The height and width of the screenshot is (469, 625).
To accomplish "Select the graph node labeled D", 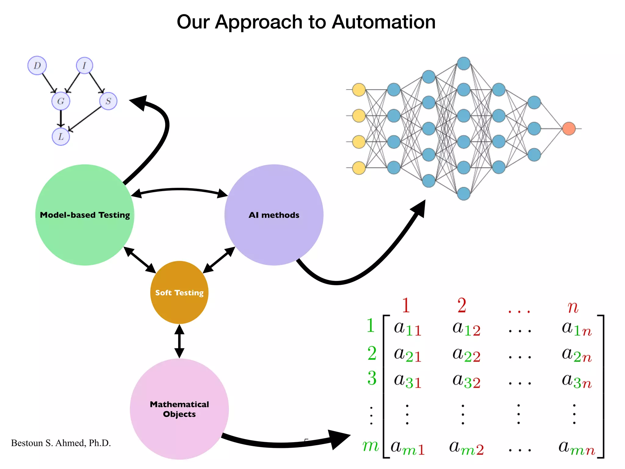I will tap(37, 65).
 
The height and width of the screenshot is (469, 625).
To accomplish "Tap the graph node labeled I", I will tap(85, 65).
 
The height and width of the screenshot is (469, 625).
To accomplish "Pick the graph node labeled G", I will tap(61, 101).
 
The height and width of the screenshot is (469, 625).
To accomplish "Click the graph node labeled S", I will tap(108, 101).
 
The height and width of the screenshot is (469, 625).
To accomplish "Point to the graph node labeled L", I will tap(61, 136).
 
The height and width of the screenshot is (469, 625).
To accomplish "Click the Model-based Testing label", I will tap(85, 215).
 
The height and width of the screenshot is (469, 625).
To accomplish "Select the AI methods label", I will tap(274, 215).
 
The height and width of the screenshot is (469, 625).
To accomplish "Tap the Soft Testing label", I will tap(179, 293).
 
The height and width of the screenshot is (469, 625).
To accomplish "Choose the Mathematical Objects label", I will tap(179, 409).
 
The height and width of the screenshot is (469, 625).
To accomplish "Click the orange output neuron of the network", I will tap(569, 129).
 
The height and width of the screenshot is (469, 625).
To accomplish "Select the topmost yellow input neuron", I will tap(359, 90).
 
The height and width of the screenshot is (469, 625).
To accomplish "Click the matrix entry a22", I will tap(466, 355).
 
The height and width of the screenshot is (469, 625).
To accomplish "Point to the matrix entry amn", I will tap(576, 448).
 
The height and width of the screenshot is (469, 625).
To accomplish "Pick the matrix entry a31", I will tap(407, 381).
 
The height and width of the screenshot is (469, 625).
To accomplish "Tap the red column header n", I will tap(573, 307).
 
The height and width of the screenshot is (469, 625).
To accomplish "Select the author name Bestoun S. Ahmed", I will tap(61, 443).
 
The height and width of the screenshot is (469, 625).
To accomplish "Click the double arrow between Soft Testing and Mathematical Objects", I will tap(179, 341).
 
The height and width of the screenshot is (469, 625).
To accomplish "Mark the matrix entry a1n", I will tap(576, 329).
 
